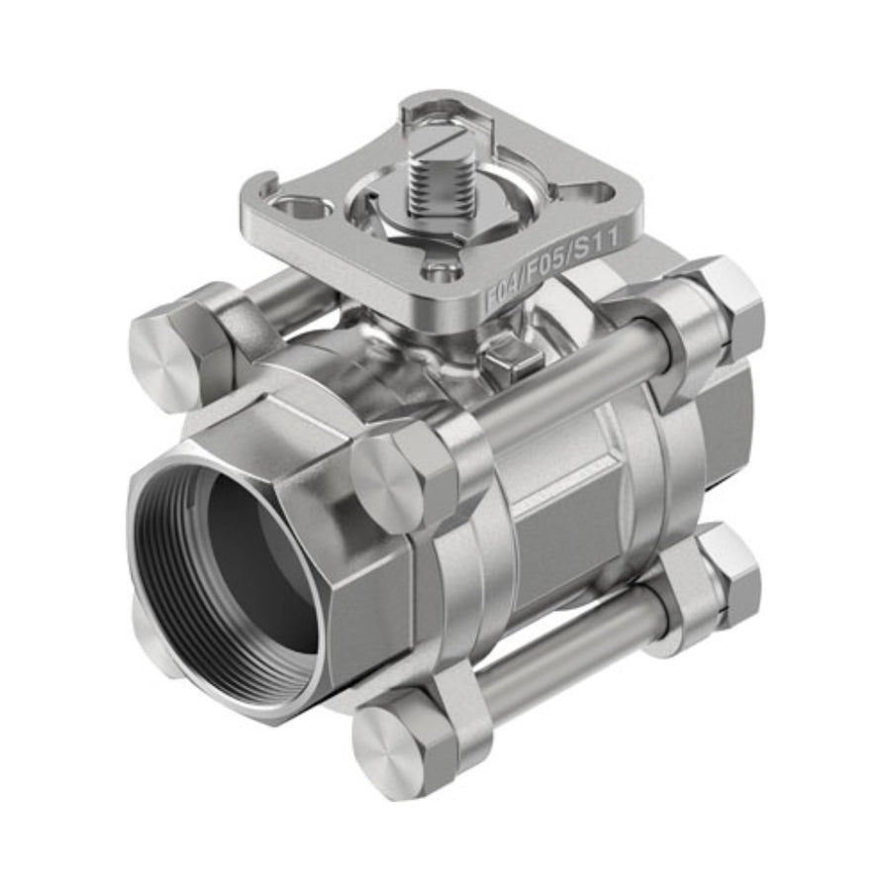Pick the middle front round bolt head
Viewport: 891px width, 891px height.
387,480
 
